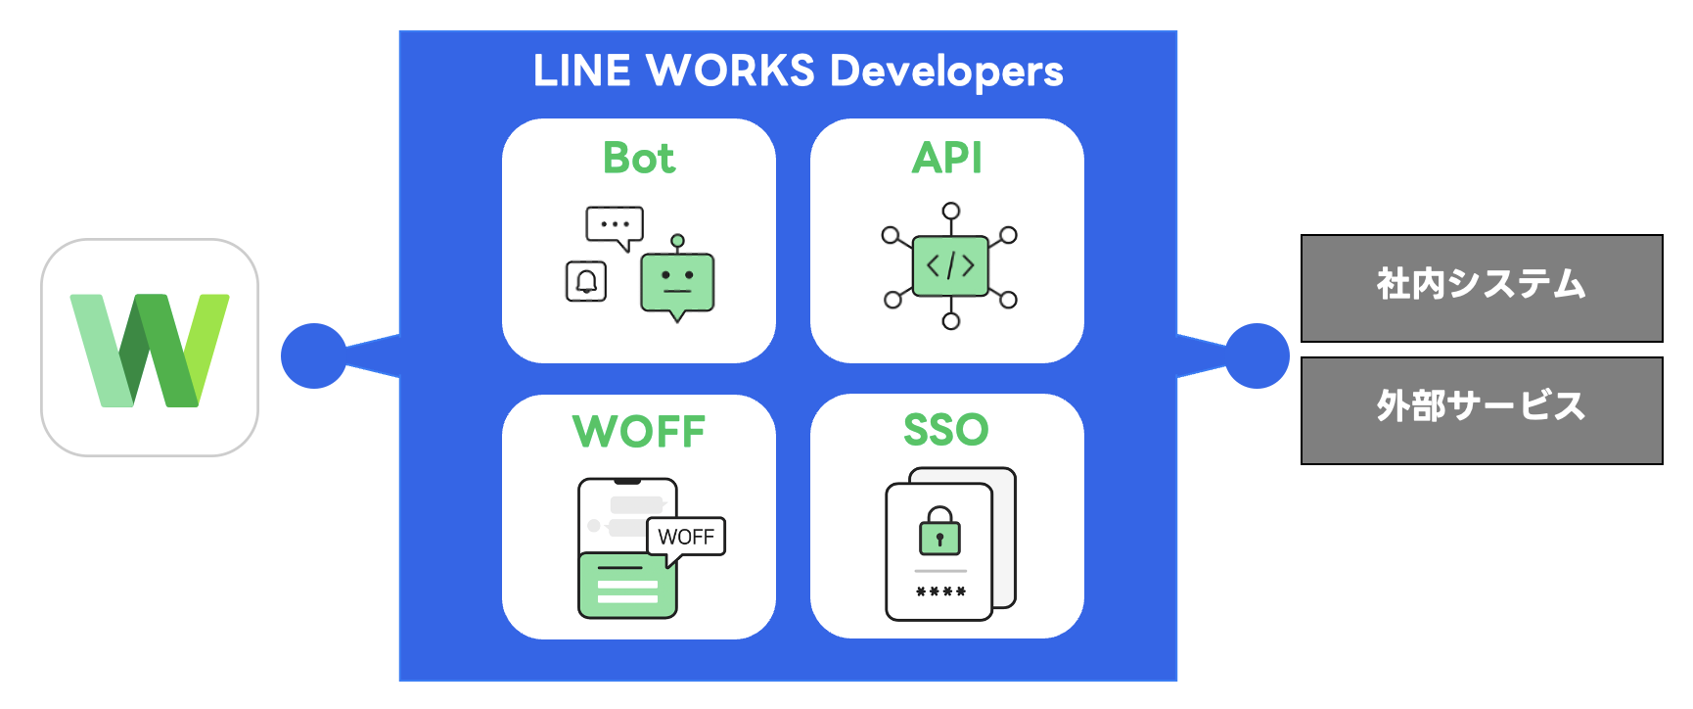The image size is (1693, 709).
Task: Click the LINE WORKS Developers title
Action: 798,71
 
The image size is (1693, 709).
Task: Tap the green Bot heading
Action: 638,159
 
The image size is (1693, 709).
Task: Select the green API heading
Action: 946,159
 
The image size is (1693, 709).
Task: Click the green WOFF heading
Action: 638,432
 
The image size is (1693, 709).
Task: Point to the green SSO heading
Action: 946,430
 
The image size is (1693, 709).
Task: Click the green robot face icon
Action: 677,283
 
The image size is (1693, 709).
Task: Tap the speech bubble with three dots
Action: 615,225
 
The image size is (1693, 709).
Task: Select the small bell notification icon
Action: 586,282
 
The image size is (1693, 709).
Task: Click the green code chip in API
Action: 950,265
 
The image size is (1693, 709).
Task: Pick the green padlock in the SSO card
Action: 939,533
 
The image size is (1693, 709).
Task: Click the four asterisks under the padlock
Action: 940,591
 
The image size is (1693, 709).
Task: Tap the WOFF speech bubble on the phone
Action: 686,537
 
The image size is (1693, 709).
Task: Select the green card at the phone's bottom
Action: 627,586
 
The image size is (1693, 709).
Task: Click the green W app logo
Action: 150,349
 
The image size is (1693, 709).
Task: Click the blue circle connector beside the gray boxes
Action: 1258,355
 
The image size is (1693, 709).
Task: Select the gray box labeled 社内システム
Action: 1481,288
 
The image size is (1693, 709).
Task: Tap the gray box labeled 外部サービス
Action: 1481,410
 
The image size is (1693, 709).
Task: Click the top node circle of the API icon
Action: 950,212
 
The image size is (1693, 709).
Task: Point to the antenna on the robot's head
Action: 677,242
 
